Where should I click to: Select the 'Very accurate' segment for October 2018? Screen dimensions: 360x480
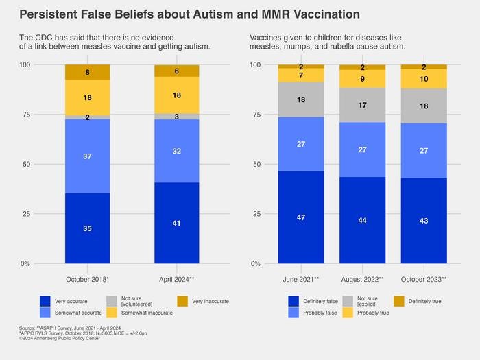pyautogui.click(x=87, y=228)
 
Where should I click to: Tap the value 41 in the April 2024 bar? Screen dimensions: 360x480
pyautogui.click(x=176, y=223)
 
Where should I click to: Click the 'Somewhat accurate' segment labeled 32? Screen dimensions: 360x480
pyautogui.click(x=176, y=151)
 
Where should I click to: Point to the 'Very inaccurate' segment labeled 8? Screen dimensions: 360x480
pyautogui.click(x=87, y=72)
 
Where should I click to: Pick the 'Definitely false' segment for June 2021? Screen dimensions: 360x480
pyautogui.click(x=300, y=217)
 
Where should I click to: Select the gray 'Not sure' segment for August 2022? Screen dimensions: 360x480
pyautogui.click(x=362, y=106)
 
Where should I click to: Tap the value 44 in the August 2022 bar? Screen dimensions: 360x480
pyautogui.click(x=362, y=220)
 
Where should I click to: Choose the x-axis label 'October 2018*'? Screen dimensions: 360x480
pyautogui.click(x=87, y=279)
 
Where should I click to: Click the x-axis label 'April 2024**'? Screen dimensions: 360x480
pyautogui.click(x=176, y=279)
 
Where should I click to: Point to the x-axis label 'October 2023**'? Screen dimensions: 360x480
pyautogui.click(x=424, y=279)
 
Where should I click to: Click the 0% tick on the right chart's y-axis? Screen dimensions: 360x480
pyautogui.click(x=254, y=264)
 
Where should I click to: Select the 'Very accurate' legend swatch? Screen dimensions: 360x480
pyautogui.click(x=45, y=300)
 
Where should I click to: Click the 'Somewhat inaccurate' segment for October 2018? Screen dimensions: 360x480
pyautogui.click(x=87, y=98)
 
